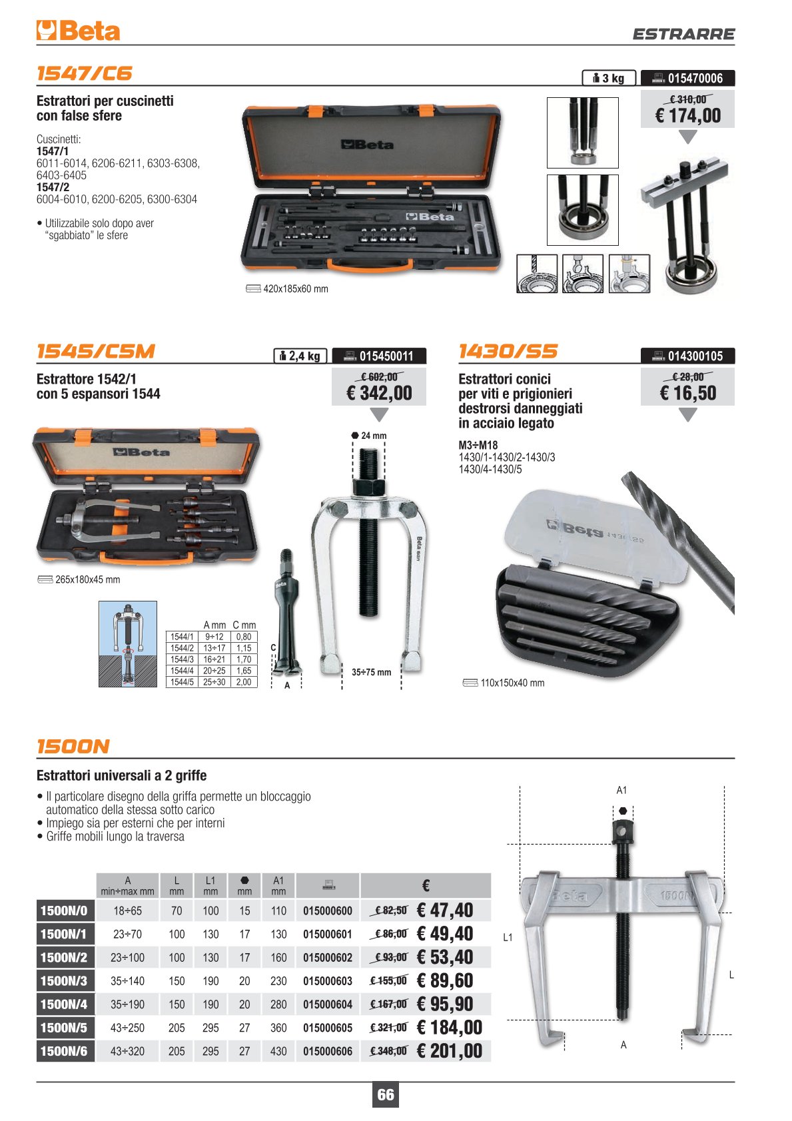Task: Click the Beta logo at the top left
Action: [x=78, y=31]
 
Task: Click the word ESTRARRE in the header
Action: [x=683, y=34]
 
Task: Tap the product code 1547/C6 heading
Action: [x=85, y=73]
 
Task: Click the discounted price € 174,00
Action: [x=688, y=116]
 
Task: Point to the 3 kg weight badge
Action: [x=609, y=78]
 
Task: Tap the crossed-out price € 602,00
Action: [x=379, y=377]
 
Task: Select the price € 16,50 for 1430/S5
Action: [x=688, y=394]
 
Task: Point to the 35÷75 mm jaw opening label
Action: [x=371, y=672]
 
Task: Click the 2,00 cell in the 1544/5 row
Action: [x=244, y=682]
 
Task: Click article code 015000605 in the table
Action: [x=328, y=1028]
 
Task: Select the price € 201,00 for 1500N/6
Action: [x=449, y=1051]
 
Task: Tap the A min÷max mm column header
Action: [x=128, y=885]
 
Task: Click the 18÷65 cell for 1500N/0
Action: [x=128, y=911]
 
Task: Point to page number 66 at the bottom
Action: [x=386, y=1095]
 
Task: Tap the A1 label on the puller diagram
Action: [x=621, y=790]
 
